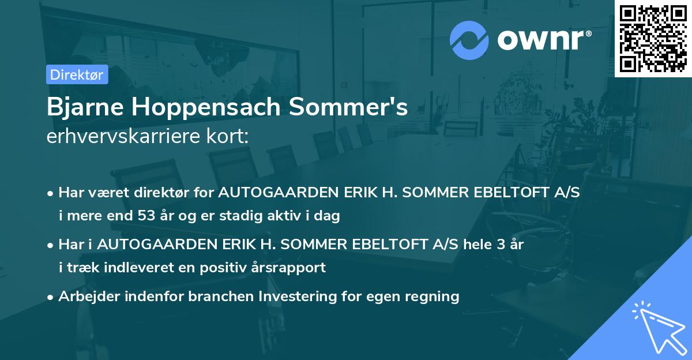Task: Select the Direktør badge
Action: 77,74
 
